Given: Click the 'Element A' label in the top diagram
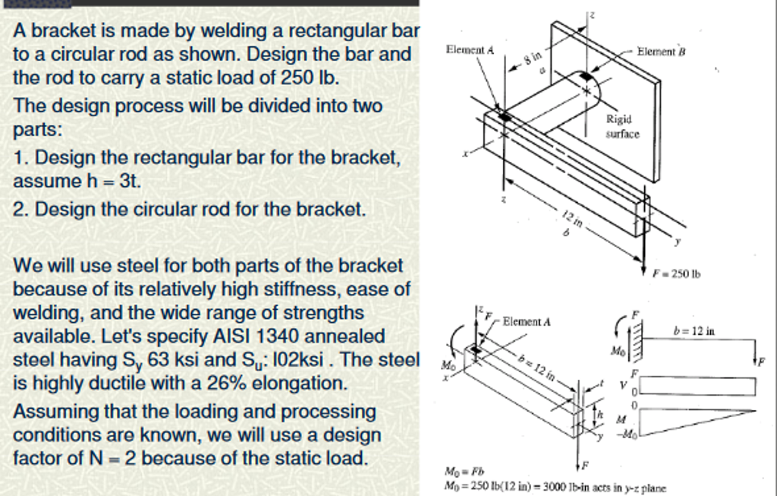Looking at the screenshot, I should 470,49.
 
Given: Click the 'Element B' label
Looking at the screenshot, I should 661,52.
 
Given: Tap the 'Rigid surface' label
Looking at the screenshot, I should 622,127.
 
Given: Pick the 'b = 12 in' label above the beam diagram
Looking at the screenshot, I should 694,331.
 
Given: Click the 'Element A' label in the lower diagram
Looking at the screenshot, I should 526,321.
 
